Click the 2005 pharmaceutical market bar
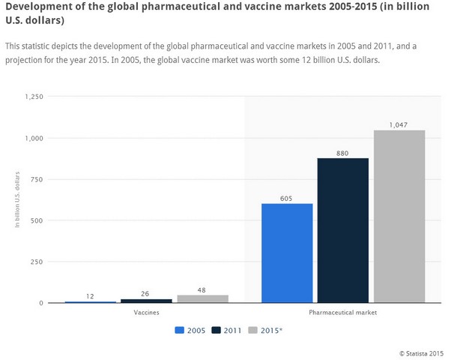point(287,253)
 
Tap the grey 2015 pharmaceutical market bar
point(399,217)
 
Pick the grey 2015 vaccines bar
point(202,298)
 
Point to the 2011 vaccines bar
point(146,301)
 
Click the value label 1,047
point(399,124)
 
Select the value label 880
point(343,151)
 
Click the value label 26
point(146,292)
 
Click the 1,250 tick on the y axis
point(34,97)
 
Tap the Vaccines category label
point(145,311)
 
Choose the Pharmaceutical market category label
point(343,311)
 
